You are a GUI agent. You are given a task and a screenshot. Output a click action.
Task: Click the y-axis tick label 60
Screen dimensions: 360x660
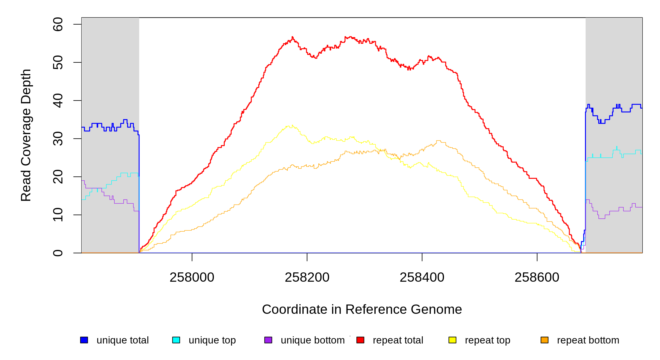(x=58, y=24)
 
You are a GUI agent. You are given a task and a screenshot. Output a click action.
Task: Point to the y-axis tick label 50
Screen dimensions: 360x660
(x=58, y=62)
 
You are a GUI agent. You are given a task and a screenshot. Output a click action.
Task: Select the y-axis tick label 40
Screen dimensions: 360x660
(x=58, y=100)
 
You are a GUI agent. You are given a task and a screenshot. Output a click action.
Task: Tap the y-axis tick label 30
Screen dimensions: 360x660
(x=58, y=139)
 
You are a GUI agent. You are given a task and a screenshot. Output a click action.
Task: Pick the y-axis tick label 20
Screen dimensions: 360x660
(x=58, y=177)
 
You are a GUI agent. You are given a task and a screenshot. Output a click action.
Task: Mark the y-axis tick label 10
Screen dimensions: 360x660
(x=58, y=215)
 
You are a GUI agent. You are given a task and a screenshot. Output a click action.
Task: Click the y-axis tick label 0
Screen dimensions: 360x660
(x=58, y=253)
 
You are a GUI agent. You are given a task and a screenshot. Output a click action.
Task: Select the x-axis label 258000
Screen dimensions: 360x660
(x=192, y=277)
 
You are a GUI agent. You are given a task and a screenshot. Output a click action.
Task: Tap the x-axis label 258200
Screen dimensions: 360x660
(x=307, y=277)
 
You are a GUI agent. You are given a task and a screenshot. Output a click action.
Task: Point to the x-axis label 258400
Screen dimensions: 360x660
(x=422, y=277)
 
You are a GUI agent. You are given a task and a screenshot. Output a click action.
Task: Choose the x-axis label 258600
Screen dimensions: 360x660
(x=537, y=277)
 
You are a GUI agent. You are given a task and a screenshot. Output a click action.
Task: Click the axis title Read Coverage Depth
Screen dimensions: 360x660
(x=26, y=135)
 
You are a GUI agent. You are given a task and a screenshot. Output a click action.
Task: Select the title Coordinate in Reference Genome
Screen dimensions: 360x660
(x=362, y=309)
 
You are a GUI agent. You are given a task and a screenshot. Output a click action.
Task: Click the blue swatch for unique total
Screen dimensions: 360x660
(x=84, y=340)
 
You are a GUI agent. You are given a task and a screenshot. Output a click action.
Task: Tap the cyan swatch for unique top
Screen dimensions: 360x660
(x=176, y=340)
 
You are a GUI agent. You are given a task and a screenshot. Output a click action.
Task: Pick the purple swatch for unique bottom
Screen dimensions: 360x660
(x=268, y=340)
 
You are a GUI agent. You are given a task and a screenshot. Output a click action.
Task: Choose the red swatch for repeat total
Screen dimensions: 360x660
(x=360, y=340)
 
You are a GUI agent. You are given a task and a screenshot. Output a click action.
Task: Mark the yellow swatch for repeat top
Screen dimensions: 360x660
(x=452, y=340)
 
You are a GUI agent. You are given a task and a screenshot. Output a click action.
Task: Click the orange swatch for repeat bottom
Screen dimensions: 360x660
(x=544, y=340)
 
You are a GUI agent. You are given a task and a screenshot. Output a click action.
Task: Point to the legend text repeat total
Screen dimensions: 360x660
(x=398, y=340)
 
